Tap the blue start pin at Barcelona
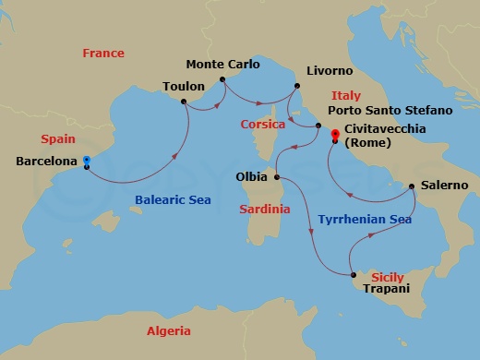(x=86, y=159)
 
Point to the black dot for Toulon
(x=185, y=101)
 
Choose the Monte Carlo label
(x=222, y=65)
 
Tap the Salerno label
(x=444, y=186)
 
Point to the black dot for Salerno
(x=412, y=186)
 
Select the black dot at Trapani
(x=354, y=274)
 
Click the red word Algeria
(x=169, y=330)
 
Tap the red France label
(x=102, y=54)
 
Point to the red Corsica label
(x=262, y=123)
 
